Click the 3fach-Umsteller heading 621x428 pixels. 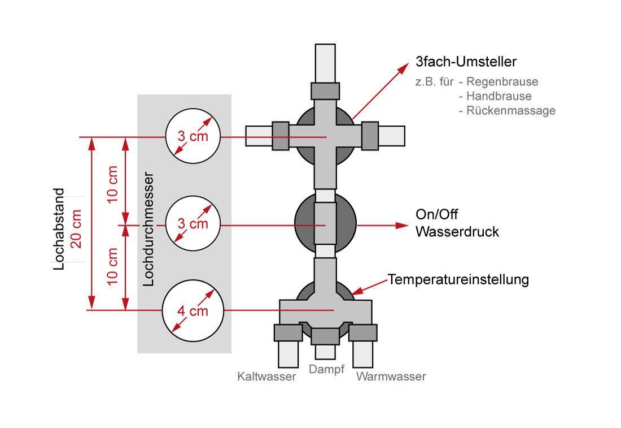[x=466, y=61]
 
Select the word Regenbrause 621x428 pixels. [x=502, y=82]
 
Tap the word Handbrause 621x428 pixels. [x=498, y=96]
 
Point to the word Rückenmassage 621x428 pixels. [x=511, y=111]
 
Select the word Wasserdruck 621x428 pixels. [x=457, y=232]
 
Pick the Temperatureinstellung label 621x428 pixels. [x=458, y=279]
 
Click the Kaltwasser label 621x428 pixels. [x=266, y=377]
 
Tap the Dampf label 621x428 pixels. [x=326, y=370]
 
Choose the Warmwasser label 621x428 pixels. [x=391, y=377]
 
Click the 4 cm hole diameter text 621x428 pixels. [x=193, y=311]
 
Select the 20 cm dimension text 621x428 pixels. [x=77, y=228]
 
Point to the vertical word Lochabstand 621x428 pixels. [x=60, y=228]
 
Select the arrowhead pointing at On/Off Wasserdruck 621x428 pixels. [x=402, y=225]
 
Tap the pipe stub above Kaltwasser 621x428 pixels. [x=288, y=354]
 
